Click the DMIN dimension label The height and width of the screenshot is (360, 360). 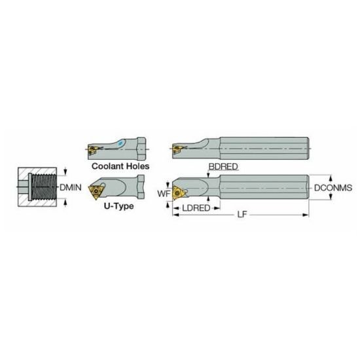70,188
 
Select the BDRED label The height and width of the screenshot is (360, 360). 223,167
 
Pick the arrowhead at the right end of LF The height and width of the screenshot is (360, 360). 306,214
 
